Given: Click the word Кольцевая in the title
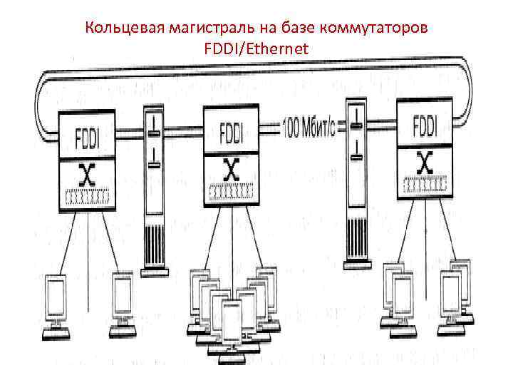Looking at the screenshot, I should (x=124, y=29).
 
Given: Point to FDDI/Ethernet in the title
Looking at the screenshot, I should (x=256, y=48).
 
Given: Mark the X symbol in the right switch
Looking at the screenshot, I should (x=425, y=164).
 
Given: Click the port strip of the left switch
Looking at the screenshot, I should (x=87, y=197).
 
